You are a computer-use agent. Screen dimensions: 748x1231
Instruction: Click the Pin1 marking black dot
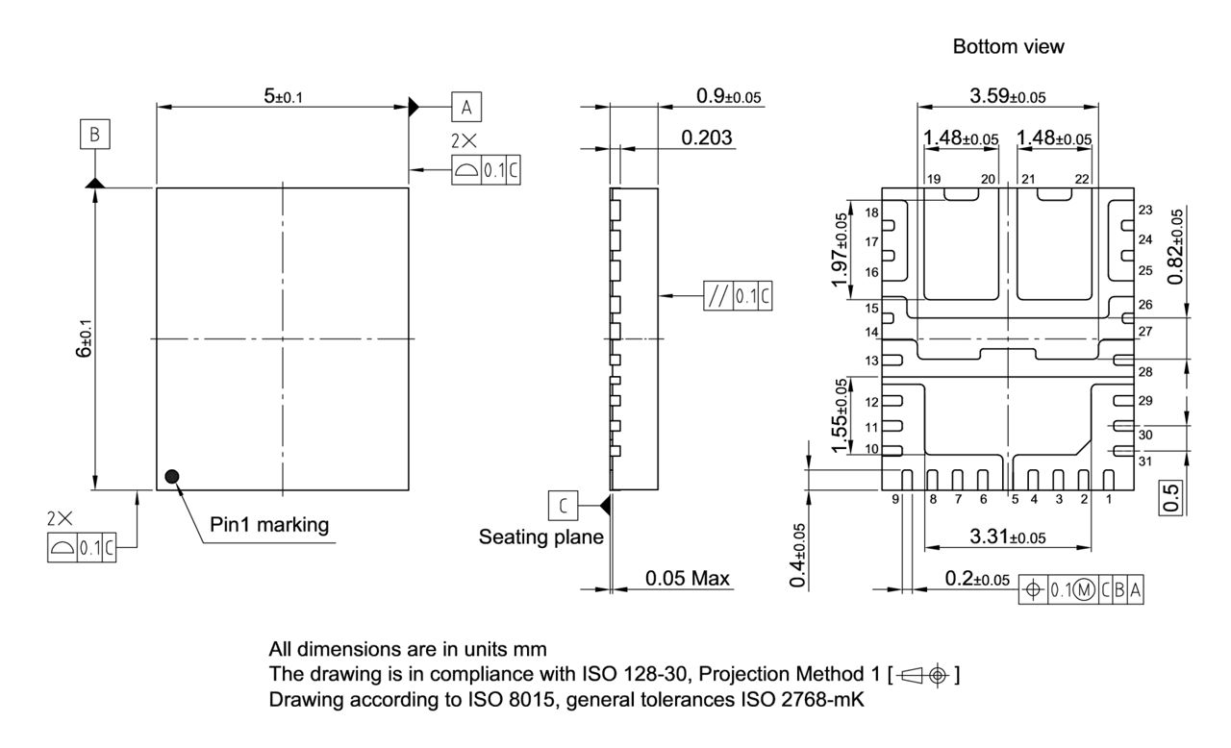click(x=172, y=475)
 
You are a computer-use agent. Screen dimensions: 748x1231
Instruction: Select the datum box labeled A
click(x=466, y=107)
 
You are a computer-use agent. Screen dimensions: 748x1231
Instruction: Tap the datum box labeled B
click(x=95, y=135)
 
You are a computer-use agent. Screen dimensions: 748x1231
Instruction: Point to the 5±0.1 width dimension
click(x=284, y=96)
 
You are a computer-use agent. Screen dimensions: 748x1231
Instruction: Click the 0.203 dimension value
click(x=706, y=137)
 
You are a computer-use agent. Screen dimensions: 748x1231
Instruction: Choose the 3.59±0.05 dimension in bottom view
click(x=1007, y=96)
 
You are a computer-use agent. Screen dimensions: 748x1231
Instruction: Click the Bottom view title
click(x=1008, y=46)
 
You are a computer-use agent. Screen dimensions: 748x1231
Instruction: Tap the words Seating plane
click(x=540, y=537)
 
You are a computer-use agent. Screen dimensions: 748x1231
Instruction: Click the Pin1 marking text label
click(x=269, y=525)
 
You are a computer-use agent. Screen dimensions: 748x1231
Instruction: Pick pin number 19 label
click(x=933, y=180)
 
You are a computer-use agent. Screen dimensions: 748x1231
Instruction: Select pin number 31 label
click(x=1144, y=461)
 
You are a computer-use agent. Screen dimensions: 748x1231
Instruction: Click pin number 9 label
click(x=894, y=499)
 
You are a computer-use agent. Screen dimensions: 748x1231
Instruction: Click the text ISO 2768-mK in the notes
click(x=808, y=701)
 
